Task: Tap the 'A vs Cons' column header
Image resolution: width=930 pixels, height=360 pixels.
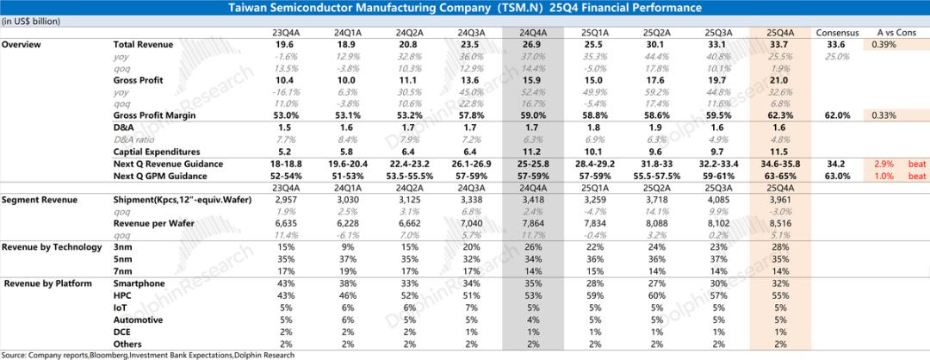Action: (890, 32)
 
